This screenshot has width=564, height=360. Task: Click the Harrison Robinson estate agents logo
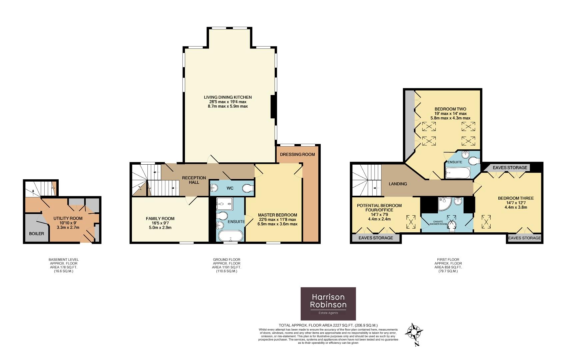(328, 303)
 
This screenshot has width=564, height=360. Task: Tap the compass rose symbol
(414, 332)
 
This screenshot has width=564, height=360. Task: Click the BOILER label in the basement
(36, 233)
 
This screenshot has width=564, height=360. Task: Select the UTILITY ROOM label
(68, 218)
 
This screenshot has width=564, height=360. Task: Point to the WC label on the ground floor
(230, 188)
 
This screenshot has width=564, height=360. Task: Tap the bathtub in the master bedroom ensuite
(231, 236)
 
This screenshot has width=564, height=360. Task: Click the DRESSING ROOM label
(297, 154)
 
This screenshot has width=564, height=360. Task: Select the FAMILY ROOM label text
(160, 219)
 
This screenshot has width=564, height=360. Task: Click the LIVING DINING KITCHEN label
(228, 97)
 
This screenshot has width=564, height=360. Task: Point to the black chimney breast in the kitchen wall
(272, 107)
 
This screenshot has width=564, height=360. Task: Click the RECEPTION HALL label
(194, 180)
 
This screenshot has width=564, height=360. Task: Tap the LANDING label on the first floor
(398, 184)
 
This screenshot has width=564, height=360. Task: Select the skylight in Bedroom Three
(487, 221)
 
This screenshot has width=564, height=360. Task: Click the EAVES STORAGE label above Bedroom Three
(510, 168)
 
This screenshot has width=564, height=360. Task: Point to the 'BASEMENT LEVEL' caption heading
(63, 259)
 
